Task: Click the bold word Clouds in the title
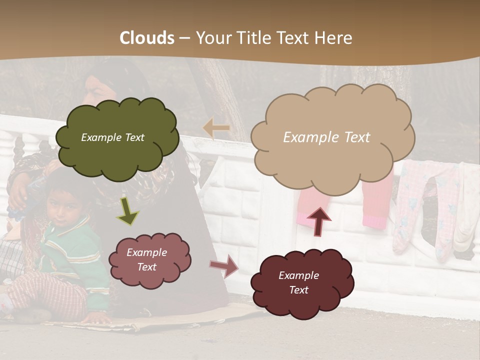(x=147, y=37)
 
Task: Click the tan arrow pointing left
(x=216, y=128)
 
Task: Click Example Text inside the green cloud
(x=112, y=137)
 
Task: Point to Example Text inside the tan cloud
(x=326, y=137)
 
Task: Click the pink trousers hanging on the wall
(x=375, y=200)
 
